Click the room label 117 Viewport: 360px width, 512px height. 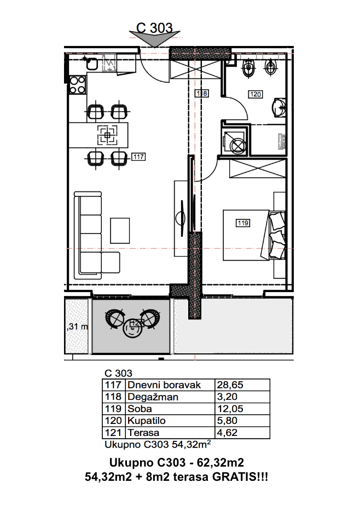point(138,157)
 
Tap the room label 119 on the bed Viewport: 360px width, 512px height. point(243,223)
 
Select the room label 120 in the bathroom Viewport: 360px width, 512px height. point(255,95)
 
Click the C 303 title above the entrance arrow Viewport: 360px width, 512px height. point(154,28)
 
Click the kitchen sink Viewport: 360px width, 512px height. point(91,63)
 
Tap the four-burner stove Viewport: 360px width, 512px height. point(78,85)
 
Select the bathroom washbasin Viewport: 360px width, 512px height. point(278,107)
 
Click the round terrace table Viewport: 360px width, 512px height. point(132,328)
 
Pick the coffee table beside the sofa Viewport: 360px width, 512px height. point(120,230)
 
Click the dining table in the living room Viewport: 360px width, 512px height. point(98,135)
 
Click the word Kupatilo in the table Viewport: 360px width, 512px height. point(146,421)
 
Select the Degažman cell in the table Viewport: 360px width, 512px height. point(153,397)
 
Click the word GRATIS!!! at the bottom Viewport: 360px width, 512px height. point(240,477)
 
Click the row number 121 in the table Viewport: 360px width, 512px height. point(113,433)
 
